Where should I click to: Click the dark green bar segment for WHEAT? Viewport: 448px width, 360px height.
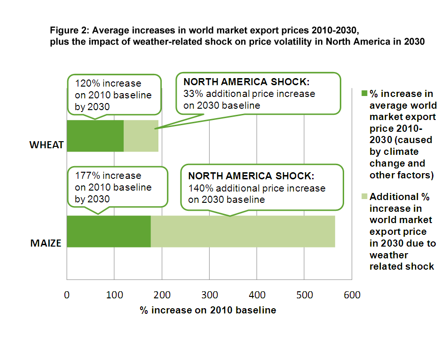[95, 136]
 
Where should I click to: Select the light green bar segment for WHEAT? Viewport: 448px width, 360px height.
[141, 136]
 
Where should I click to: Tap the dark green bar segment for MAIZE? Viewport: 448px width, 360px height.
[109, 232]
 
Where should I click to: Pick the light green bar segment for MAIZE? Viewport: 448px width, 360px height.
[243, 232]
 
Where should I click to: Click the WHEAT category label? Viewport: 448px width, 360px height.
[47, 145]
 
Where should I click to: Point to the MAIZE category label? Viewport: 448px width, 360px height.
[46, 243]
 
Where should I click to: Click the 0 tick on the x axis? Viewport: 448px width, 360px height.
[67, 295]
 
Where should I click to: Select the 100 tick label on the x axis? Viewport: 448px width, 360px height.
[114, 295]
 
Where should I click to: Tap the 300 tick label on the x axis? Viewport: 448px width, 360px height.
[210, 295]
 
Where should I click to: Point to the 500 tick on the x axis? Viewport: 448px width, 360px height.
[304, 295]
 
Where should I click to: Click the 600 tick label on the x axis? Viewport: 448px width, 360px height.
[352, 295]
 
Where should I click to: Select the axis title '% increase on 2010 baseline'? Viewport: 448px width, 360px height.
[208, 310]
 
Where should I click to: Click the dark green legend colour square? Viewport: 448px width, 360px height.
[364, 93]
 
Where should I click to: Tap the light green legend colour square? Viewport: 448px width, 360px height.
[364, 196]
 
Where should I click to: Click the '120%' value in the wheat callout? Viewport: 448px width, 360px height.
[87, 83]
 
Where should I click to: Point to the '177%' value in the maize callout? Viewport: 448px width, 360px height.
[87, 175]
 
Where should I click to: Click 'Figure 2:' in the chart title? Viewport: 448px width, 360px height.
[70, 30]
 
